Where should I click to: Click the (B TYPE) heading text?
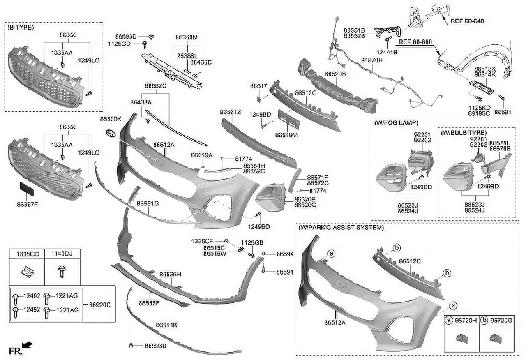[21, 28]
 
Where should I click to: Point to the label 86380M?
[186, 37]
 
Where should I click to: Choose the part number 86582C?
[155, 86]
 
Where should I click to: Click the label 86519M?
[286, 135]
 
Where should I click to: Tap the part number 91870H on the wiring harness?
[371, 60]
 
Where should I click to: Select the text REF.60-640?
[467, 21]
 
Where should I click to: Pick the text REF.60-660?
[415, 42]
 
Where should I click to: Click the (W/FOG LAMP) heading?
[396, 123]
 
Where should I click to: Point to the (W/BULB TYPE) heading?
[464, 133]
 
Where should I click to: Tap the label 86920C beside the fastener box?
[100, 305]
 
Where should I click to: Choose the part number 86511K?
[166, 325]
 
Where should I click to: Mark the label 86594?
[285, 254]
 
